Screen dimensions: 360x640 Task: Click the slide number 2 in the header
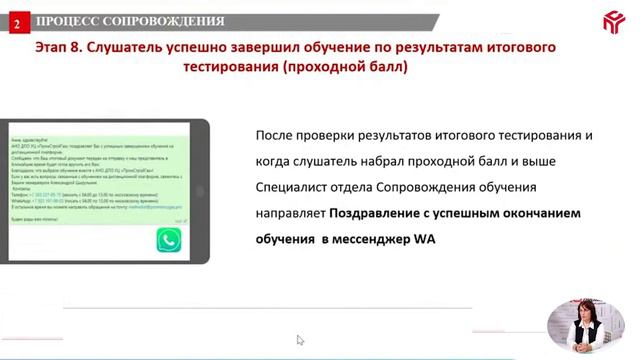(16, 21)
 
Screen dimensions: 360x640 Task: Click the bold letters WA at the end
(425, 239)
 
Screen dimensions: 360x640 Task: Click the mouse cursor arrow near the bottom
(300, 340)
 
